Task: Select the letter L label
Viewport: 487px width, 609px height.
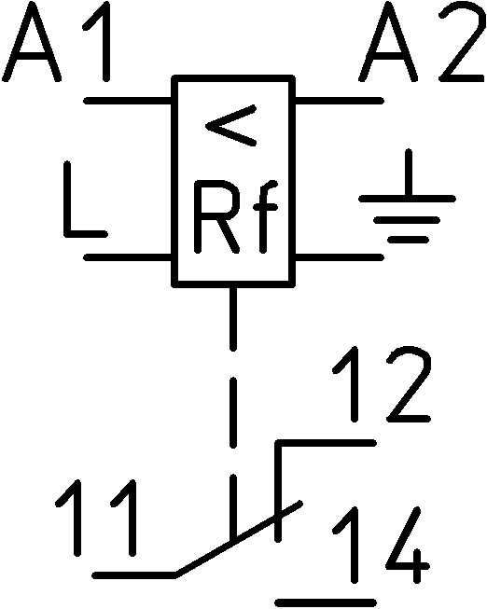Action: pyautogui.click(x=86, y=200)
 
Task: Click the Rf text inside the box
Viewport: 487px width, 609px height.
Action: pyautogui.click(x=235, y=216)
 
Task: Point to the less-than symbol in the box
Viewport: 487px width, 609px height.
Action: pyautogui.click(x=230, y=125)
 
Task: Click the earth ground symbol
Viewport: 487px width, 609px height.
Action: pyautogui.click(x=408, y=196)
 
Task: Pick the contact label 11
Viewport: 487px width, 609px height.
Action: pyautogui.click(x=96, y=518)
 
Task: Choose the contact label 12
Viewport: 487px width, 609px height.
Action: pyautogui.click(x=382, y=384)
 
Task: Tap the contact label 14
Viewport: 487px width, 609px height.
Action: pyautogui.click(x=381, y=545)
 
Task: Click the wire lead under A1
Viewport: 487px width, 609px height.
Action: pyautogui.click(x=128, y=101)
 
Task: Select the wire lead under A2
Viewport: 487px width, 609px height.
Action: pyautogui.click(x=340, y=101)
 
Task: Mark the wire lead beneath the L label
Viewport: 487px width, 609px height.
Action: pyautogui.click(x=128, y=257)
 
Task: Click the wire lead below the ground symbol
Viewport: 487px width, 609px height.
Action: pyautogui.click(x=340, y=257)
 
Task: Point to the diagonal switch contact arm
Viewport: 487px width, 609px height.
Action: pyautogui.click(x=238, y=538)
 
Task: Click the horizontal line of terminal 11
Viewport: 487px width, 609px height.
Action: pyautogui.click(x=134, y=574)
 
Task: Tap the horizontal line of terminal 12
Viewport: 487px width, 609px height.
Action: pyautogui.click(x=326, y=443)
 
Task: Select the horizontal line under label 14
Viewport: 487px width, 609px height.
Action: pyautogui.click(x=326, y=603)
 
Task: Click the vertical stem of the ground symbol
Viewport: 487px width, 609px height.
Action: pyautogui.click(x=408, y=173)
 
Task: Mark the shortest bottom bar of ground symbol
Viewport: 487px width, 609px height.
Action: pyautogui.click(x=408, y=240)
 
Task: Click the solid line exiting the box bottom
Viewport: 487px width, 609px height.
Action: pyautogui.click(x=233, y=318)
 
